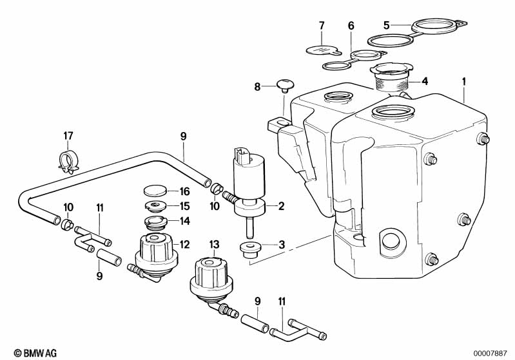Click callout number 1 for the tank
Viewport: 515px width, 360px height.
463,82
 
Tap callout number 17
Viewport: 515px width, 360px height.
69,136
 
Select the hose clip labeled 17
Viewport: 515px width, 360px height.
69,159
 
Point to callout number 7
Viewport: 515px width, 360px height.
321,26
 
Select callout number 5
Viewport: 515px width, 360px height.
386,25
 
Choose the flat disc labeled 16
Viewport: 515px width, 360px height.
153,191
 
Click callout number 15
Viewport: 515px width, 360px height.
184,206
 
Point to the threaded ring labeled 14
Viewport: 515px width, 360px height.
155,222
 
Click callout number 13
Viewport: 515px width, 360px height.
215,243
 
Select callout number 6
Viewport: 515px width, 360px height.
351,26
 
